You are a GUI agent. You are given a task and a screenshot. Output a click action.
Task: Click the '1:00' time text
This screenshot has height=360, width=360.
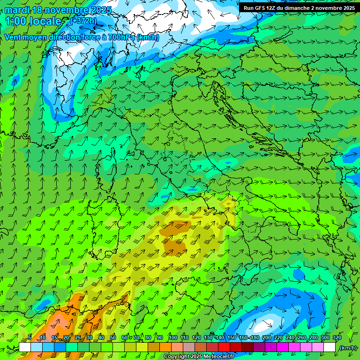tap(15, 21)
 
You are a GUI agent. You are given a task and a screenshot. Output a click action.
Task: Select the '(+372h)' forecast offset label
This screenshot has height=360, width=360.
tap(83, 21)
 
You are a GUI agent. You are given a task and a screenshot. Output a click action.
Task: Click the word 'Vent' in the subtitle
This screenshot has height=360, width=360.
tap(14, 37)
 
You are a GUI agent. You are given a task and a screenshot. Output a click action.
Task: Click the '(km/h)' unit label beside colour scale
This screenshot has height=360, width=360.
tap(349, 348)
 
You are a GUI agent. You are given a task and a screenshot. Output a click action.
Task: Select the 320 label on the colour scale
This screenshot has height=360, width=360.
tap(337, 337)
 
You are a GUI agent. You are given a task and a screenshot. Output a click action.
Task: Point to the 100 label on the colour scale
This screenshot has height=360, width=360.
tap(173, 337)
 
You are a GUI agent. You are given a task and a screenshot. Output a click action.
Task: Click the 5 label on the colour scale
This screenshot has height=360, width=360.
tap(30, 337)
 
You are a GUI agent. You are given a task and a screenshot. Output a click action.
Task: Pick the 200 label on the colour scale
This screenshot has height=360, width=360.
tap(266, 337)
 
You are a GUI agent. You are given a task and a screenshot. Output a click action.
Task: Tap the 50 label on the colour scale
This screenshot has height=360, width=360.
tap(113, 337)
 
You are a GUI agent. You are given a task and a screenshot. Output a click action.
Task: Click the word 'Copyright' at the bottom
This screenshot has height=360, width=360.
tap(176, 357)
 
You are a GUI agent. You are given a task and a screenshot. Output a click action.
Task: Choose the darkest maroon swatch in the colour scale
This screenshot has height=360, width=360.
tap(247, 347)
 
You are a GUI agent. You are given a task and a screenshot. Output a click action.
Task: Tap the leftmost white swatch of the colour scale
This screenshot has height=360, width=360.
tap(25, 347)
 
